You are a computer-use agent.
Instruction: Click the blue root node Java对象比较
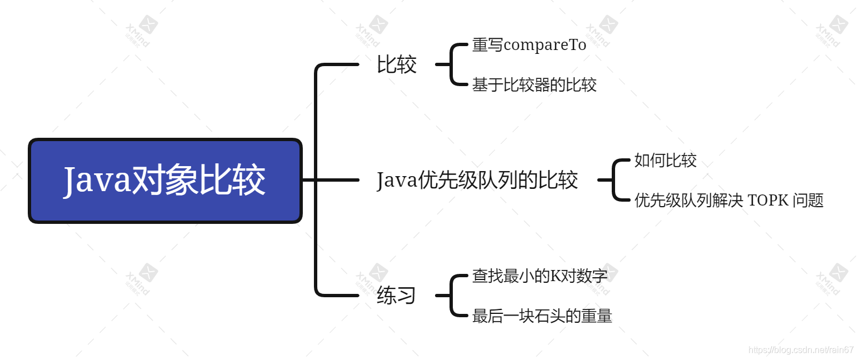coord(165,181)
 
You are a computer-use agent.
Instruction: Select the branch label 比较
coord(396,64)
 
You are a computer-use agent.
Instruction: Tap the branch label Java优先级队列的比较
coord(477,180)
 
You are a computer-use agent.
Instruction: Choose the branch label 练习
coord(396,295)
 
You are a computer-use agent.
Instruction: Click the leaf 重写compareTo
coord(529,45)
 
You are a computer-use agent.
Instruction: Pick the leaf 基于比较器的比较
coord(534,85)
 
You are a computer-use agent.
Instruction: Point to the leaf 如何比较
coord(665,161)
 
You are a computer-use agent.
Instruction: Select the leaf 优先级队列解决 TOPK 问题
coord(728,200)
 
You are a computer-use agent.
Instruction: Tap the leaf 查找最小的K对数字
coord(540,276)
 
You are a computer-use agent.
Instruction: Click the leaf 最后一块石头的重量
coord(542,316)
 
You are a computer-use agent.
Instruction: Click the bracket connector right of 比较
coord(451,64)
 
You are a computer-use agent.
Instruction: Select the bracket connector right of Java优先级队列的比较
coord(613,180)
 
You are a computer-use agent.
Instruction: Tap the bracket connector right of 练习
coord(451,296)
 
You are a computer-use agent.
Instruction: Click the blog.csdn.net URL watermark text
coord(801,349)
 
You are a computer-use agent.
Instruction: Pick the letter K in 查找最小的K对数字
coord(555,276)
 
